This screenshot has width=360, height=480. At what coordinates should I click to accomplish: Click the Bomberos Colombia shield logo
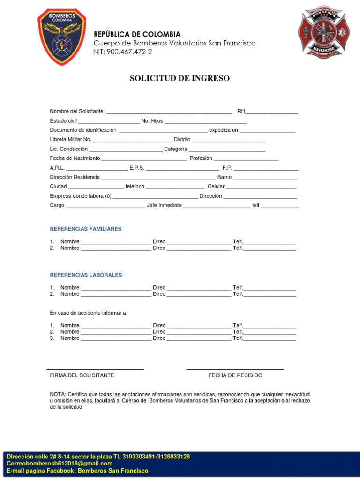61,37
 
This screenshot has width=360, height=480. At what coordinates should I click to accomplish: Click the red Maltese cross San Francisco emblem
323,32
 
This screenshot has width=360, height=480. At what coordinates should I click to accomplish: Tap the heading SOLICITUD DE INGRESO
180,78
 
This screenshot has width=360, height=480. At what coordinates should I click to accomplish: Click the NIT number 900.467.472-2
122,52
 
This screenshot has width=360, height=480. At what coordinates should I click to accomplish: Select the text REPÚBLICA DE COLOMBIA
137,34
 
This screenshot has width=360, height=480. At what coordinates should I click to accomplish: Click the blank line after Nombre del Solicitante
169,112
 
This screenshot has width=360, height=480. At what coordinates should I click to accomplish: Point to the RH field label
241,111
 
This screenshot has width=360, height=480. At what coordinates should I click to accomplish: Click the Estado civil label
63,121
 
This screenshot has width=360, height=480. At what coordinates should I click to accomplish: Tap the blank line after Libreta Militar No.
133,141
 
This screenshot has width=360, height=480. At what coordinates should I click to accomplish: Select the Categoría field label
176,149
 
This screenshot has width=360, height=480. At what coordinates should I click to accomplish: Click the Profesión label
201,158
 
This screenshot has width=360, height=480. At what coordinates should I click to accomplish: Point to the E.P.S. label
137,168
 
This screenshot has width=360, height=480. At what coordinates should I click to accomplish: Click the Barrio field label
225,177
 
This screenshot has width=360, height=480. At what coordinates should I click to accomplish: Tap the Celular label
216,187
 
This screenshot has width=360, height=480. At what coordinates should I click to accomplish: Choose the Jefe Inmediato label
164,205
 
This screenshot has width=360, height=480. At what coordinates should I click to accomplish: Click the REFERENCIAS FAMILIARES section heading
86,229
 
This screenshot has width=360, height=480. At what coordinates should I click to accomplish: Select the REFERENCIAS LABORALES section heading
86,275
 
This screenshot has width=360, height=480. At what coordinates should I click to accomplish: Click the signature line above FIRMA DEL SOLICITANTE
95,369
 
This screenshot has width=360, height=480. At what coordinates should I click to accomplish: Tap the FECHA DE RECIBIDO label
235,375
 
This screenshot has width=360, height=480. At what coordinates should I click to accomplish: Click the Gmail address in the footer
60,464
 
